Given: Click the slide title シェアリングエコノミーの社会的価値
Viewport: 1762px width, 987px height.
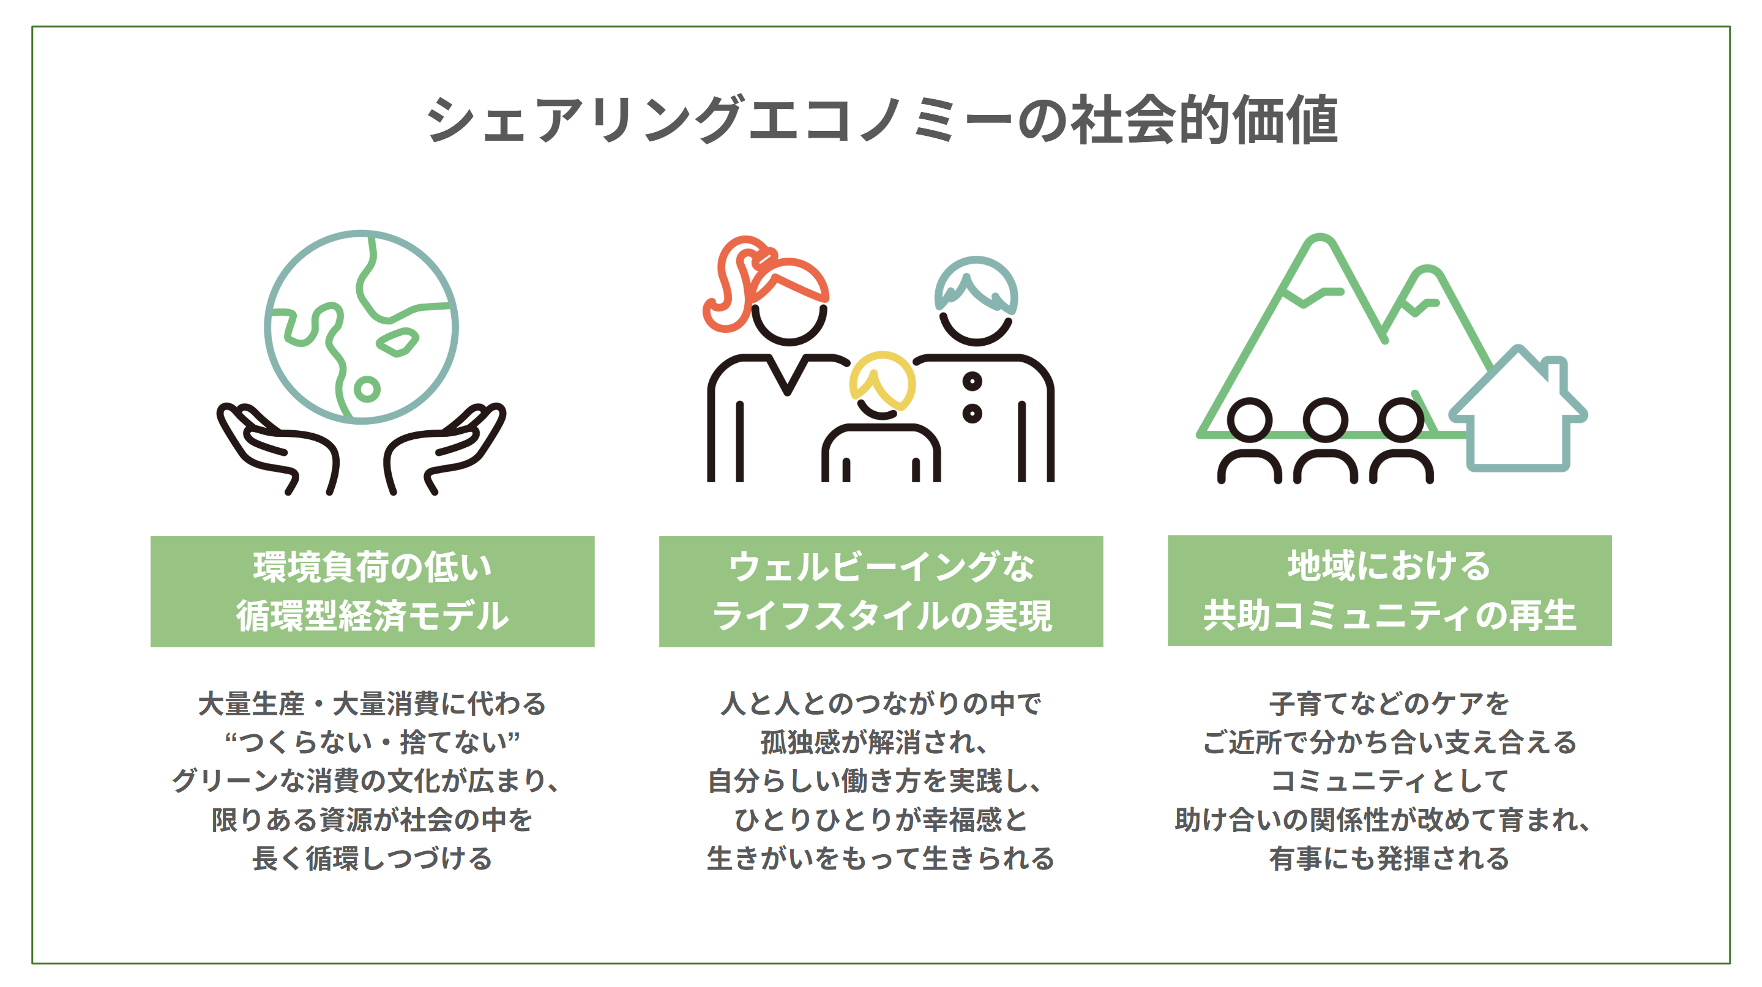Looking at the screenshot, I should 881,121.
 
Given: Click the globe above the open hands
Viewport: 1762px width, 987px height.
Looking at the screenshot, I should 361,326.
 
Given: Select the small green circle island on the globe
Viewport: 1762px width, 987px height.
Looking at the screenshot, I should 367,390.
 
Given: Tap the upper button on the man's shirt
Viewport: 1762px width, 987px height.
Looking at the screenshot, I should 972,381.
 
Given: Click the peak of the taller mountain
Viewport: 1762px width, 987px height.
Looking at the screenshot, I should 1320,243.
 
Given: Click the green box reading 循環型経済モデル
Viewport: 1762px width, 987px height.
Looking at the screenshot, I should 372,592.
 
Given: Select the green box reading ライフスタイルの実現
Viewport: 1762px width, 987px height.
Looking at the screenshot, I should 881,592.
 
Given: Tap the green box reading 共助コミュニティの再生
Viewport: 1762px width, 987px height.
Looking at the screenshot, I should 1389,591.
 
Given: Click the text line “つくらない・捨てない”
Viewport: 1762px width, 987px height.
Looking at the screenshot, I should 372,742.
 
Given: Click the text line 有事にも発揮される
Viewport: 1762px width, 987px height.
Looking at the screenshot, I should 1389,859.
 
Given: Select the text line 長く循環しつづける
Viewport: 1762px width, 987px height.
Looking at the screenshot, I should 372,859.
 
